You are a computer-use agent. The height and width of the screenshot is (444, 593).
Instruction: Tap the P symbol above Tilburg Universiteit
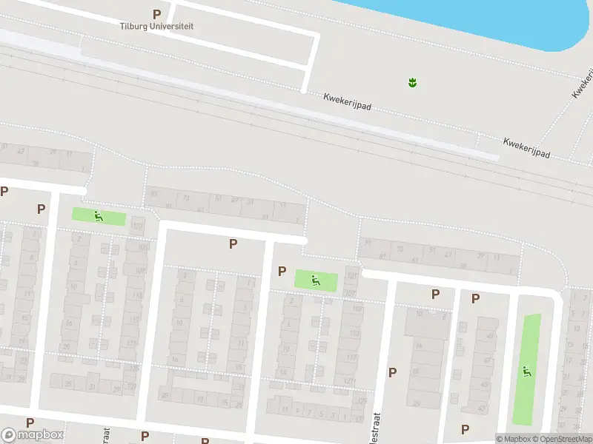156,14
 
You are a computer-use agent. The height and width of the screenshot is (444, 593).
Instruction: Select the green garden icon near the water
412,82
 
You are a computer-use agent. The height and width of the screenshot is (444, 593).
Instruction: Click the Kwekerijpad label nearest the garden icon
347,102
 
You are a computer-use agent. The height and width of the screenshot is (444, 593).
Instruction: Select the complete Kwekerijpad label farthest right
526,146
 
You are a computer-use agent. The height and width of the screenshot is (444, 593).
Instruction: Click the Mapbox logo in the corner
33,434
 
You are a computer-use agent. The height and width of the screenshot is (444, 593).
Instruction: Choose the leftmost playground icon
99,216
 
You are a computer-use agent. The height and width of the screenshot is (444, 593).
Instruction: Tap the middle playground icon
316,280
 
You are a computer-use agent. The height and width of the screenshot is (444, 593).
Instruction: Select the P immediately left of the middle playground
282,272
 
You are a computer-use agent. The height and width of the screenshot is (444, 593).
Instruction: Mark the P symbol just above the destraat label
392,372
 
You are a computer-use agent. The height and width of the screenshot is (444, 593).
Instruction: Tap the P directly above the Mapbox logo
30,423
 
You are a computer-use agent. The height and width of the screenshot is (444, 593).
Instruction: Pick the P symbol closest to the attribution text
465,428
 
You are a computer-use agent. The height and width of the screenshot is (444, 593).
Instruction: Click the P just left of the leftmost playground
41,209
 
